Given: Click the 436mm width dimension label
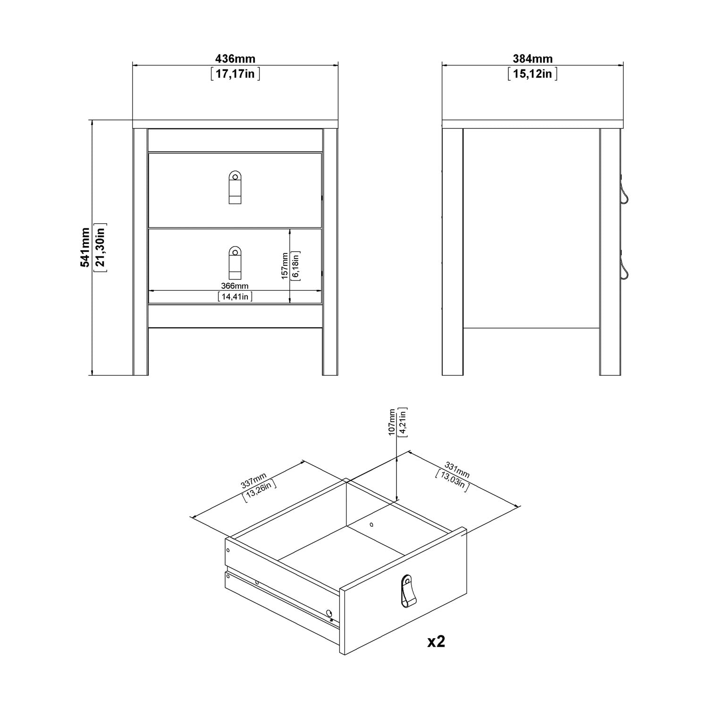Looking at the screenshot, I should coord(235,59).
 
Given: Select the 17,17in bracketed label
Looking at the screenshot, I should coord(235,74).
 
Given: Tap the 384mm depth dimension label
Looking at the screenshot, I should coord(532,59).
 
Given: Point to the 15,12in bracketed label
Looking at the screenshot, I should coord(532,74).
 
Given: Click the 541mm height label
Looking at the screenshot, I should coord(85,247).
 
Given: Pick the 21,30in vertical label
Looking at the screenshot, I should coord(100,247).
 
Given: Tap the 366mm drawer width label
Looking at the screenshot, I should coord(235,286).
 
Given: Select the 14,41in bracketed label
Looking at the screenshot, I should coord(235,296).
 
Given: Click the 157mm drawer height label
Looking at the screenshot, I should coord(285,265).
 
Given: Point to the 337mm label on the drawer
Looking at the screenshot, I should coord(253,480).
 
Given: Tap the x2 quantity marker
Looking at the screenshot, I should coord(436,641).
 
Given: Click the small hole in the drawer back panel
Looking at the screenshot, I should coord(371,524).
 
